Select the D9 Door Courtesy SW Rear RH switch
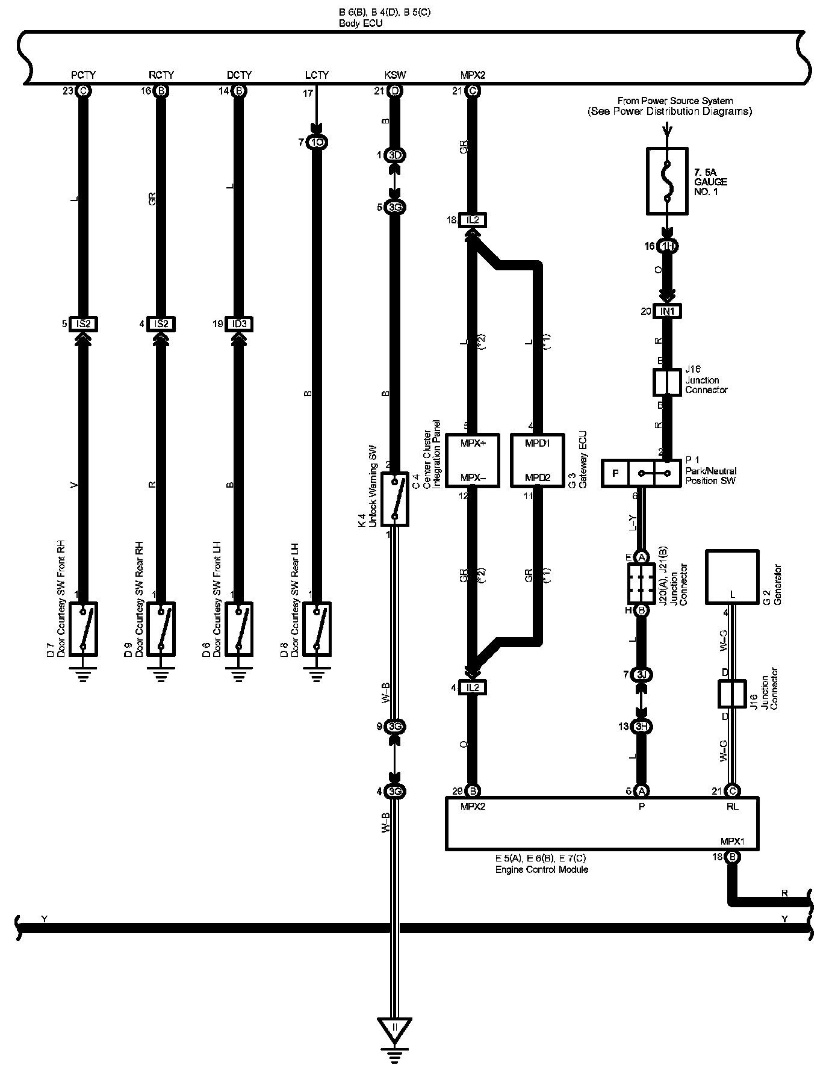[161, 629]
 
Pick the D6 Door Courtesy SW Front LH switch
[239, 629]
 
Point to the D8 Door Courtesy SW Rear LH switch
[317, 629]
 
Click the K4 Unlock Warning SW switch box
[395, 498]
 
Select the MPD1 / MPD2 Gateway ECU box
[538, 460]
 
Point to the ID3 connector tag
[239, 324]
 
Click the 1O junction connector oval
[317, 143]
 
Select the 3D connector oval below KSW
[395, 155]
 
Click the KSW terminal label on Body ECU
[395, 75]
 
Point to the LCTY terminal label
[317, 75]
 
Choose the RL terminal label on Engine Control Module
[732, 807]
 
